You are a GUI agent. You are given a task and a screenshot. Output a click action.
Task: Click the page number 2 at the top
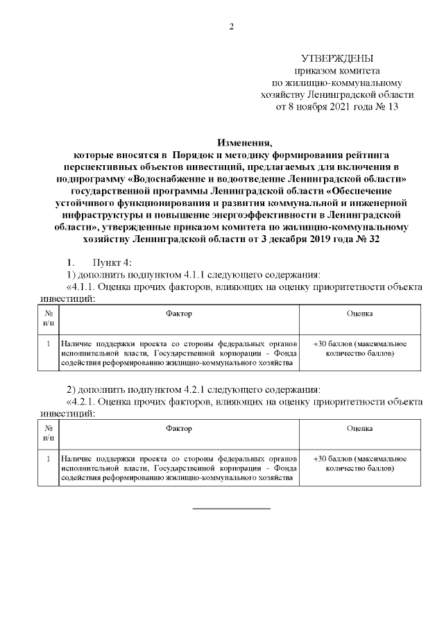pyautogui.click(x=232, y=27)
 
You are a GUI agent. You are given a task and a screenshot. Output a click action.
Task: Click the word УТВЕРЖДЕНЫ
pyautogui.click(x=337, y=58)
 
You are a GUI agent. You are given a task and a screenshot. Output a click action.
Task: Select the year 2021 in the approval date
pyautogui.click(x=343, y=108)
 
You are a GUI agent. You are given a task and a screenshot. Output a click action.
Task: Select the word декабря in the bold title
pyautogui.click(x=283, y=239)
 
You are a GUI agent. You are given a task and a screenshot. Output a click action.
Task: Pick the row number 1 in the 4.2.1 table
pyautogui.click(x=48, y=459)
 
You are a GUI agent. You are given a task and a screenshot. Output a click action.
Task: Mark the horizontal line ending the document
pyautogui.click(x=231, y=509)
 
